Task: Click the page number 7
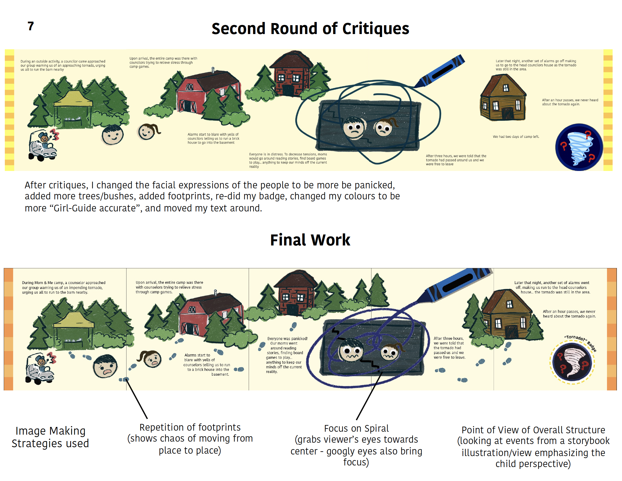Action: (31, 26)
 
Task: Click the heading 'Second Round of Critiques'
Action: (310, 29)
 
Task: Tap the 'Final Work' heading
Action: (310, 240)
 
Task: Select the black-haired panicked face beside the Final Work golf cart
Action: (105, 366)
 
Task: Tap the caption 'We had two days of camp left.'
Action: (516, 137)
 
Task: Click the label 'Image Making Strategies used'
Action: (50, 437)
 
